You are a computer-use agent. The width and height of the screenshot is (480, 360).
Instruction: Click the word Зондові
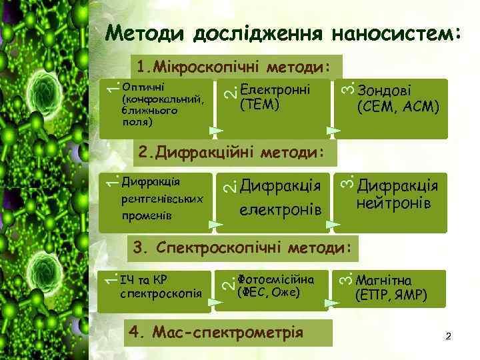[385, 91]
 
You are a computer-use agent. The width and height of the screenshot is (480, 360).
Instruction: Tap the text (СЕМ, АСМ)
[398, 106]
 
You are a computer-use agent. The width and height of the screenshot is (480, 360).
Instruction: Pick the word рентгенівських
[162, 199]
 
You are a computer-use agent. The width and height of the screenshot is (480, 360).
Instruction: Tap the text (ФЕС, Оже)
[269, 292]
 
